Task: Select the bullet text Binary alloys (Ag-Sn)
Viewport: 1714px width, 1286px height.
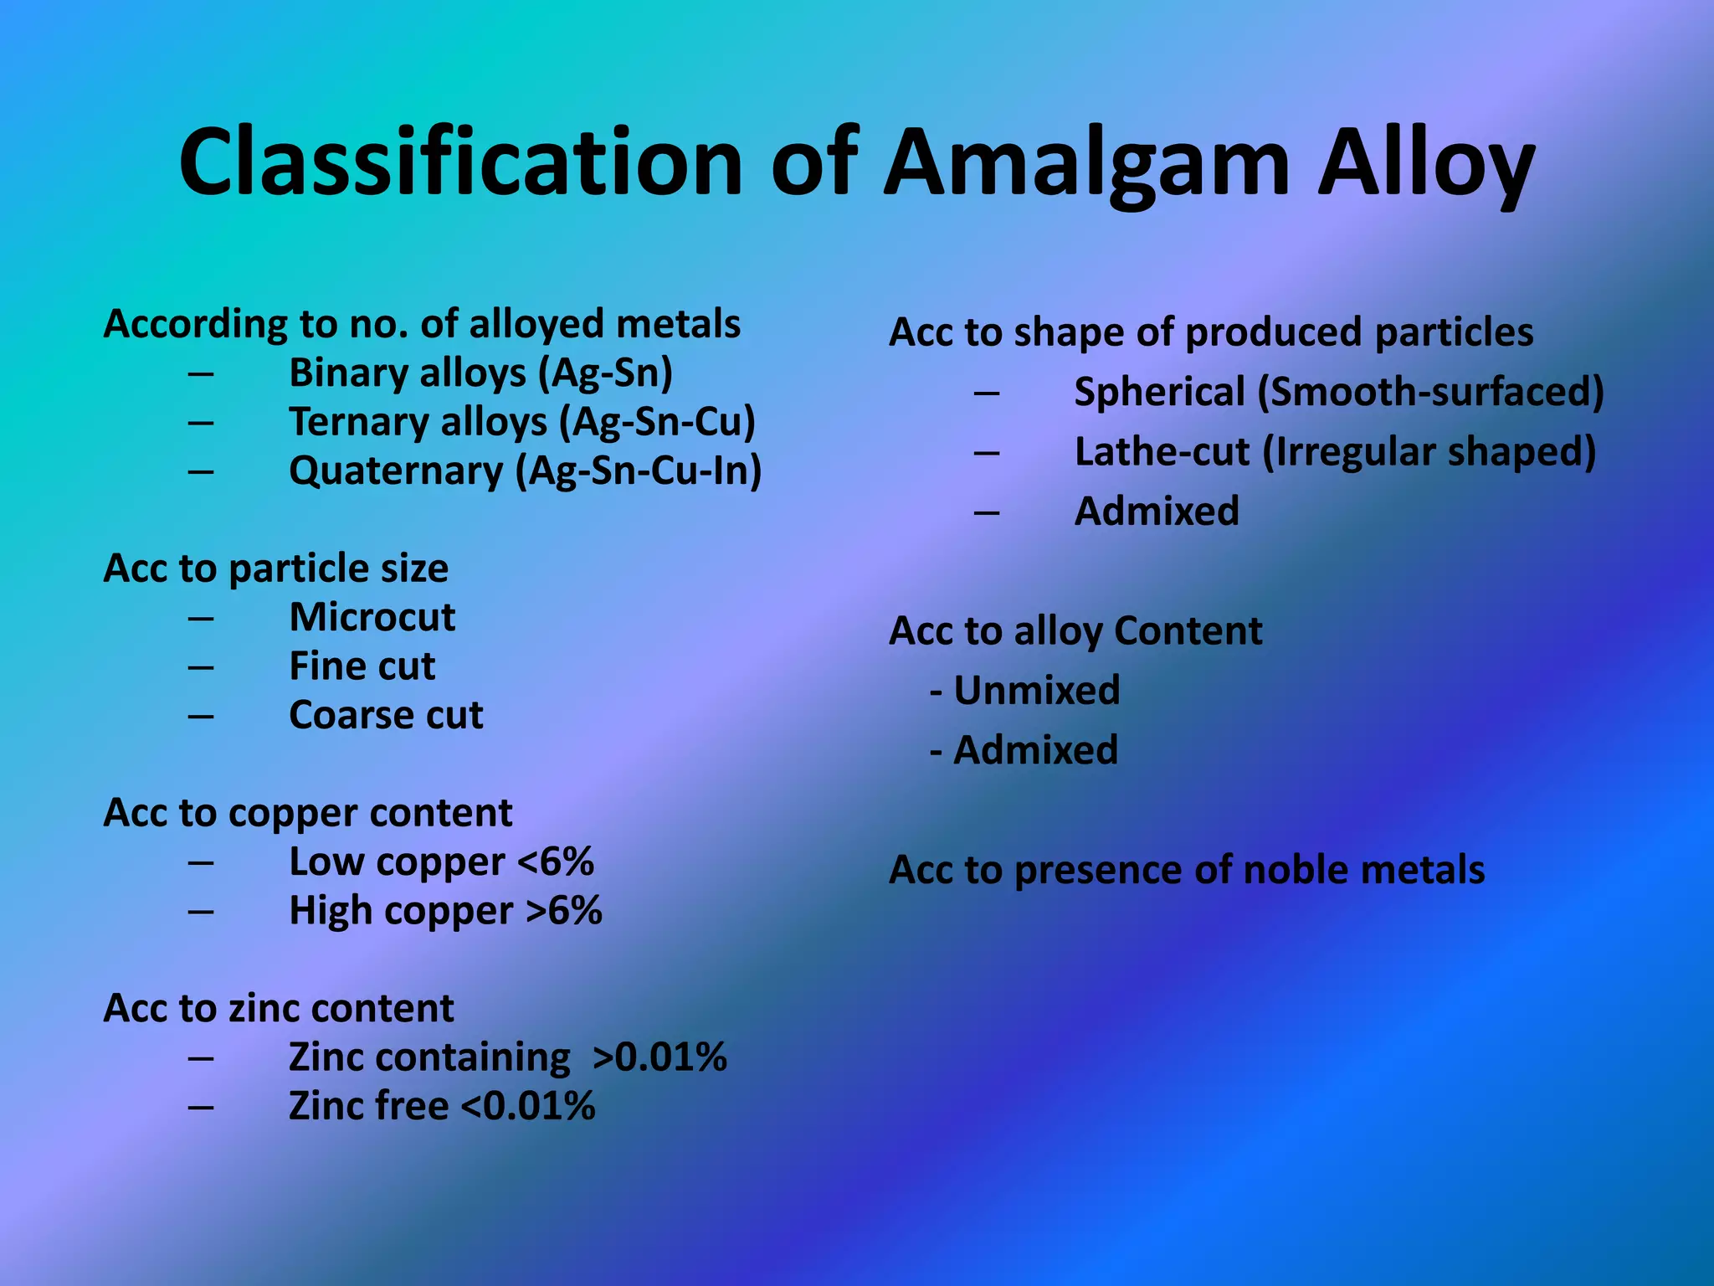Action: [480, 373]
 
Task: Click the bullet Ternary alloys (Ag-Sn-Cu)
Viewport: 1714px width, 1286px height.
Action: [521, 422]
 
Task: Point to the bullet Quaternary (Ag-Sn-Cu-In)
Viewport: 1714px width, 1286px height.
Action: [525, 471]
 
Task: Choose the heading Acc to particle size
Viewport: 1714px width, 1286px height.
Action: [275, 568]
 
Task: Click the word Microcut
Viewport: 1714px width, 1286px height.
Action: [372, 618]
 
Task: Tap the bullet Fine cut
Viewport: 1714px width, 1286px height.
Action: [362, 666]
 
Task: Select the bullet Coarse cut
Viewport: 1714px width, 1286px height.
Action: [386, 716]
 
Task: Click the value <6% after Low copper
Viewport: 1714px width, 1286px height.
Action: [556, 862]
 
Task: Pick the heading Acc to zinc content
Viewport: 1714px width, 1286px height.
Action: [278, 1008]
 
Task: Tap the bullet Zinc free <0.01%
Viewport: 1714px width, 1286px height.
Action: [442, 1106]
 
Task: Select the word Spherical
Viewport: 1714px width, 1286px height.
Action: [1160, 393]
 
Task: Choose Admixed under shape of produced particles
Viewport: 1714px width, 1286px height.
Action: [1157, 512]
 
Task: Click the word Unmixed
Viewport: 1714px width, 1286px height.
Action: [1036, 691]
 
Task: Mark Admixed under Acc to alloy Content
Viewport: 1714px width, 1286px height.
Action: [1035, 750]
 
